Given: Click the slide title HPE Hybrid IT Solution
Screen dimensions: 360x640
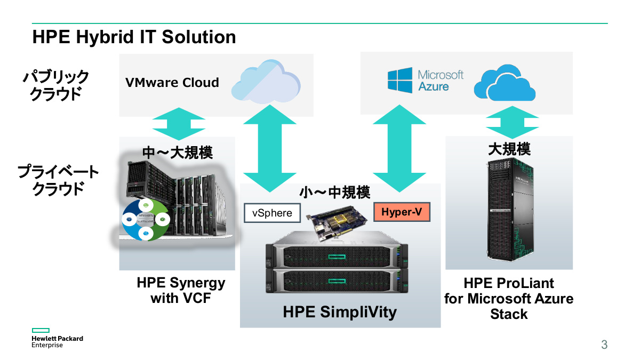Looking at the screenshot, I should [134, 37].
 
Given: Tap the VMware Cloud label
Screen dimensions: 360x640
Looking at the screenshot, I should [172, 83].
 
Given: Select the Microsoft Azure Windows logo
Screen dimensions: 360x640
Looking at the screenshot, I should [400, 81].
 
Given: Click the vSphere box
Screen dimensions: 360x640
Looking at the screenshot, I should [272, 213].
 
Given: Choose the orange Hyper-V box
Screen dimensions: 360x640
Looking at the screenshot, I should [402, 212].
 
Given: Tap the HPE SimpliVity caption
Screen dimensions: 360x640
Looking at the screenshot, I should [340, 312].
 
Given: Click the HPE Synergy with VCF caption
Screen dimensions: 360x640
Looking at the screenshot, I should [181, 290].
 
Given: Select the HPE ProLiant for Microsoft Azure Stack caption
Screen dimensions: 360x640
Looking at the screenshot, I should [509, 298].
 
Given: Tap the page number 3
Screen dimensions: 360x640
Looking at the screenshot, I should [604, 345].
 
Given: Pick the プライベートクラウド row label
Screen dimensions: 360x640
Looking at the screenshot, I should [58, 180].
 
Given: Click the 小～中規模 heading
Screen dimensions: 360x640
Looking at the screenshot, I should [334, 193].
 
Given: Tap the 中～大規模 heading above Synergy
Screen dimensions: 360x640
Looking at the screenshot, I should [177, 153].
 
